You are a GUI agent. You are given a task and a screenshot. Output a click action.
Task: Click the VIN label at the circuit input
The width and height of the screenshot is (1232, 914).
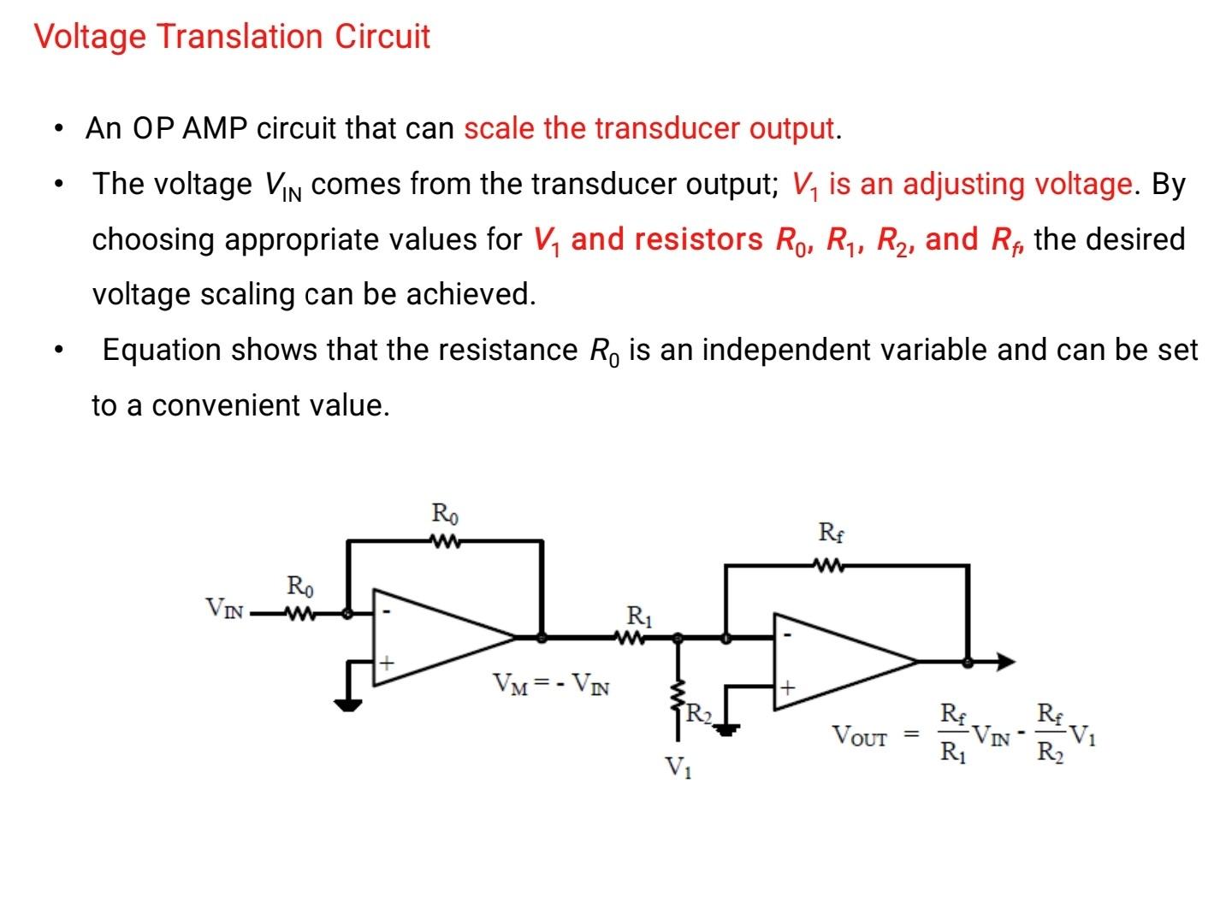click(225, 610)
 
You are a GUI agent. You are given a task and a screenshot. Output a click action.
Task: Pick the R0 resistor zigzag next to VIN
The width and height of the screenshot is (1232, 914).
click(299, 613)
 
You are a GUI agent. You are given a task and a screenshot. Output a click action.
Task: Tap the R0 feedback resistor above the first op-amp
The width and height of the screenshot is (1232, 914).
click(445, 540)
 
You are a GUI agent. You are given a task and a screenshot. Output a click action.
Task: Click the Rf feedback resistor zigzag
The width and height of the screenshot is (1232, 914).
click(829, 565)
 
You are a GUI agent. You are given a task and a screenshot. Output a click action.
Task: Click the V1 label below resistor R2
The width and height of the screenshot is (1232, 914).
click(679, 768)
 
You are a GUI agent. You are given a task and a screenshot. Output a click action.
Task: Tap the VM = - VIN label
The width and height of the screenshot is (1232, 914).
click(550, 684)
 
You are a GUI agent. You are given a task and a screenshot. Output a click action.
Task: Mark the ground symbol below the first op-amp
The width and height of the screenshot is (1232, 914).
click(348, 705)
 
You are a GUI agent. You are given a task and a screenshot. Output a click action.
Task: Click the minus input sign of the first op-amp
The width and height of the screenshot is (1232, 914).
click(387, 612)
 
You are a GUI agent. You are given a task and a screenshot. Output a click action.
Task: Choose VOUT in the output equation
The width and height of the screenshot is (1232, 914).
click(860, 735)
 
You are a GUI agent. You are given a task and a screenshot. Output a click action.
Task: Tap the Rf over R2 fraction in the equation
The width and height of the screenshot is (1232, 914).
click(1050, 733)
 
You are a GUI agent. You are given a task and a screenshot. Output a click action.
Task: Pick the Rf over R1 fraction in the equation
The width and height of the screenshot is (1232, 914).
click(953, 733)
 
